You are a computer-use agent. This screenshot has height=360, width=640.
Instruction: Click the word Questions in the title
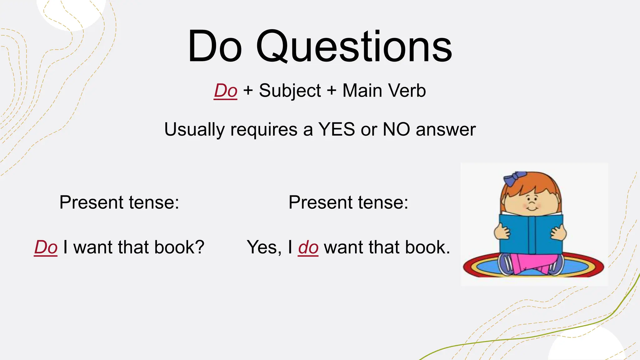[x=354, y=47]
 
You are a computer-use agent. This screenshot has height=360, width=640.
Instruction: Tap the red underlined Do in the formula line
[x=225, y=91]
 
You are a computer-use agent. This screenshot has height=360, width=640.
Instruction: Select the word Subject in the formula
[x=290, y=91]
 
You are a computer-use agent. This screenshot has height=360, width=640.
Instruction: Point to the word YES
[x=337, y=129]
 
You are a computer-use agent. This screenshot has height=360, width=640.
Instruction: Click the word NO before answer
[x=396, y=129]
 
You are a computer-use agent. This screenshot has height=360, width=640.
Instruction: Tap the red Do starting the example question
[x=46, y=247]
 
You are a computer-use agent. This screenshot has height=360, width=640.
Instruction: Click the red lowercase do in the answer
[x=308, y=247]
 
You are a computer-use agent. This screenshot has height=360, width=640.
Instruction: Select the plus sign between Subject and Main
[x=332, y=91]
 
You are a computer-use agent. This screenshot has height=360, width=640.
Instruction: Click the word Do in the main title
[x=215, y=47]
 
